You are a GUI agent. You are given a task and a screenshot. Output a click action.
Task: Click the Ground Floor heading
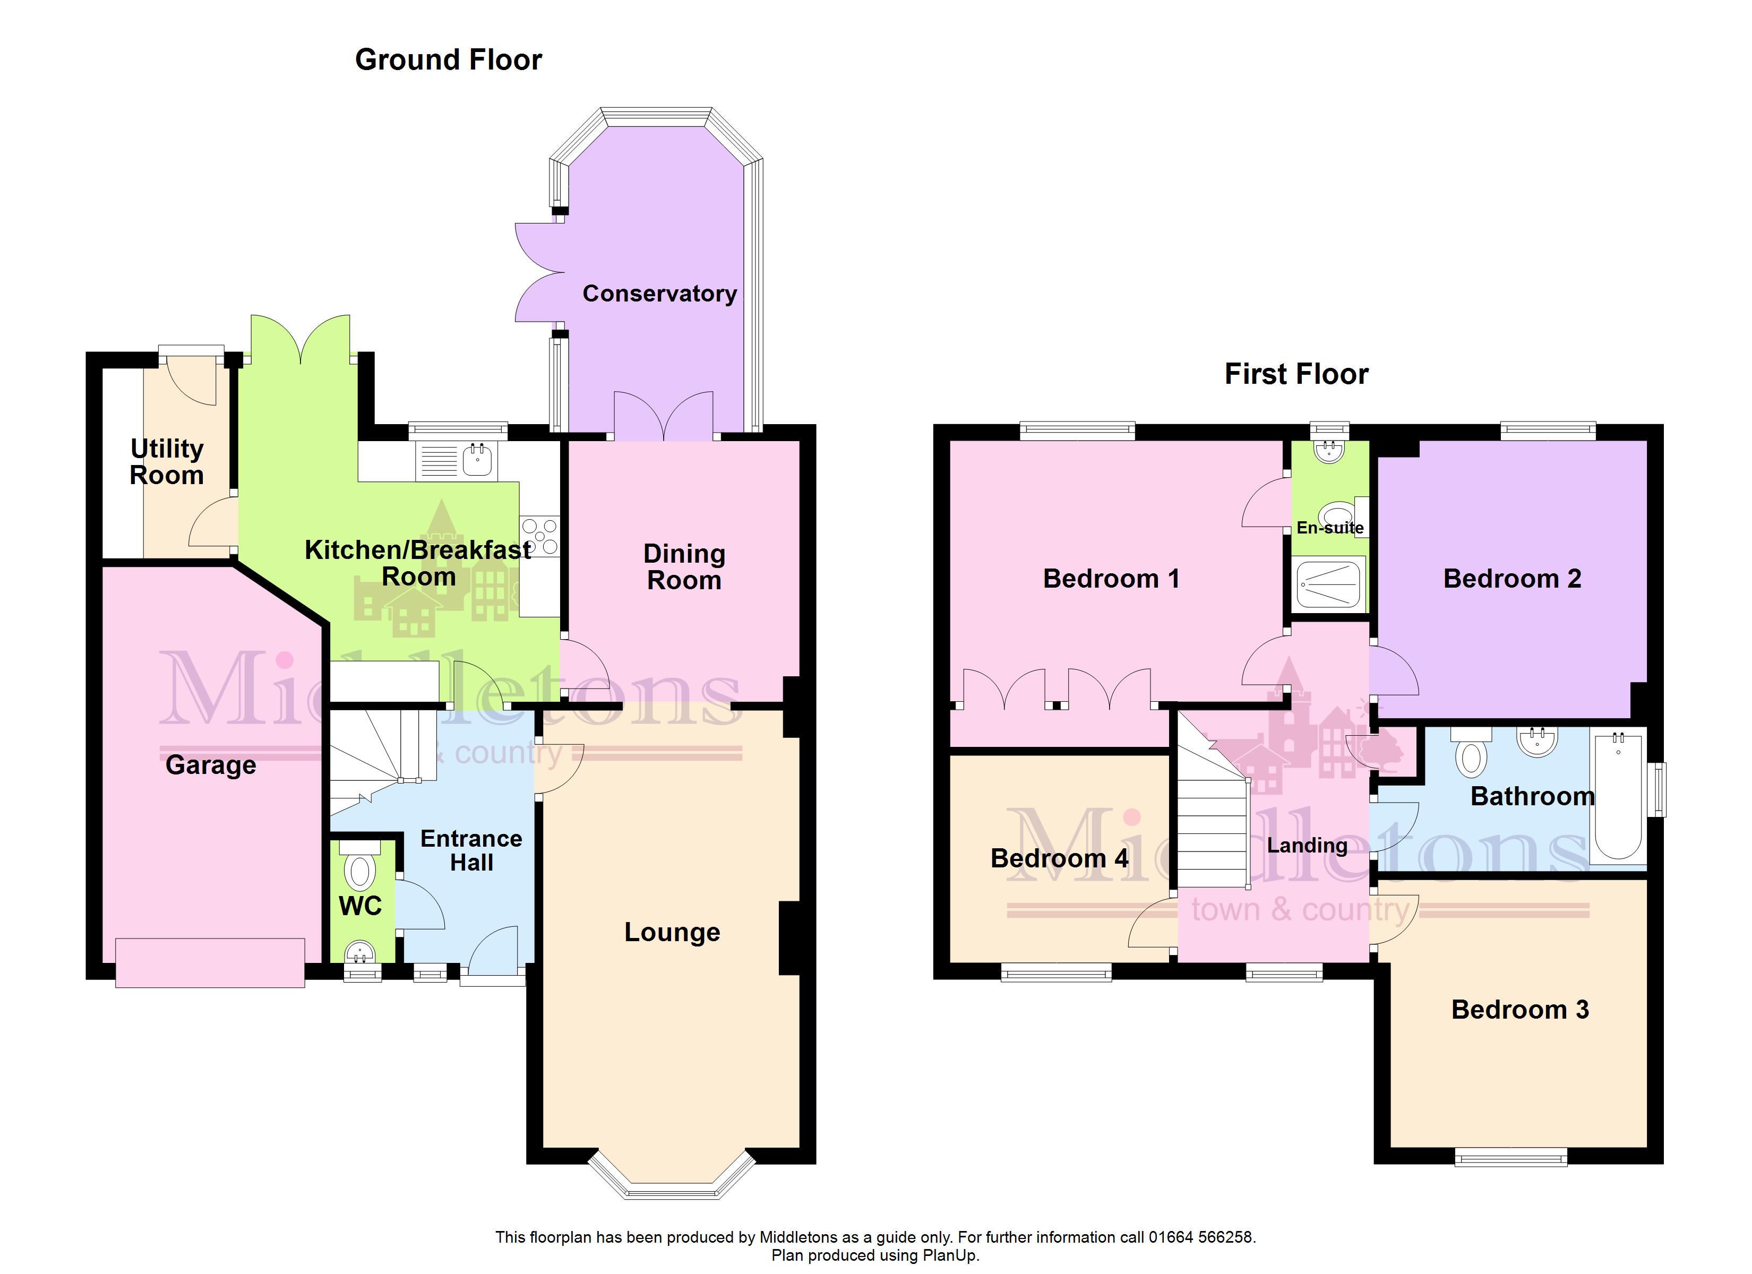448,59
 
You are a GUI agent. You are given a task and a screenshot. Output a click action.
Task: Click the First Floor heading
1296,374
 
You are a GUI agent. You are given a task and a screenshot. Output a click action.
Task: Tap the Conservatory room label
659,294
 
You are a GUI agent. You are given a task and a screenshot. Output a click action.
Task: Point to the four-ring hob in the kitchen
539,536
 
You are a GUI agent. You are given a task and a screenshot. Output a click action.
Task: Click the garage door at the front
210,962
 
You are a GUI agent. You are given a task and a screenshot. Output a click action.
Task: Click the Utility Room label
167,461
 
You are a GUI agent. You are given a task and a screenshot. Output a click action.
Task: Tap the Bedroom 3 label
1519,1010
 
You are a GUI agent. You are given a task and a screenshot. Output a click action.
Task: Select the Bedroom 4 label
1059,858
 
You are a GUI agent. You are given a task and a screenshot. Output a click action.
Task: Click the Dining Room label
684,567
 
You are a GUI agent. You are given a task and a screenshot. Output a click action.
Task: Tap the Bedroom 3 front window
1511,1157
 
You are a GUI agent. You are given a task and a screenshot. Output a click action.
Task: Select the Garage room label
211,765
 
